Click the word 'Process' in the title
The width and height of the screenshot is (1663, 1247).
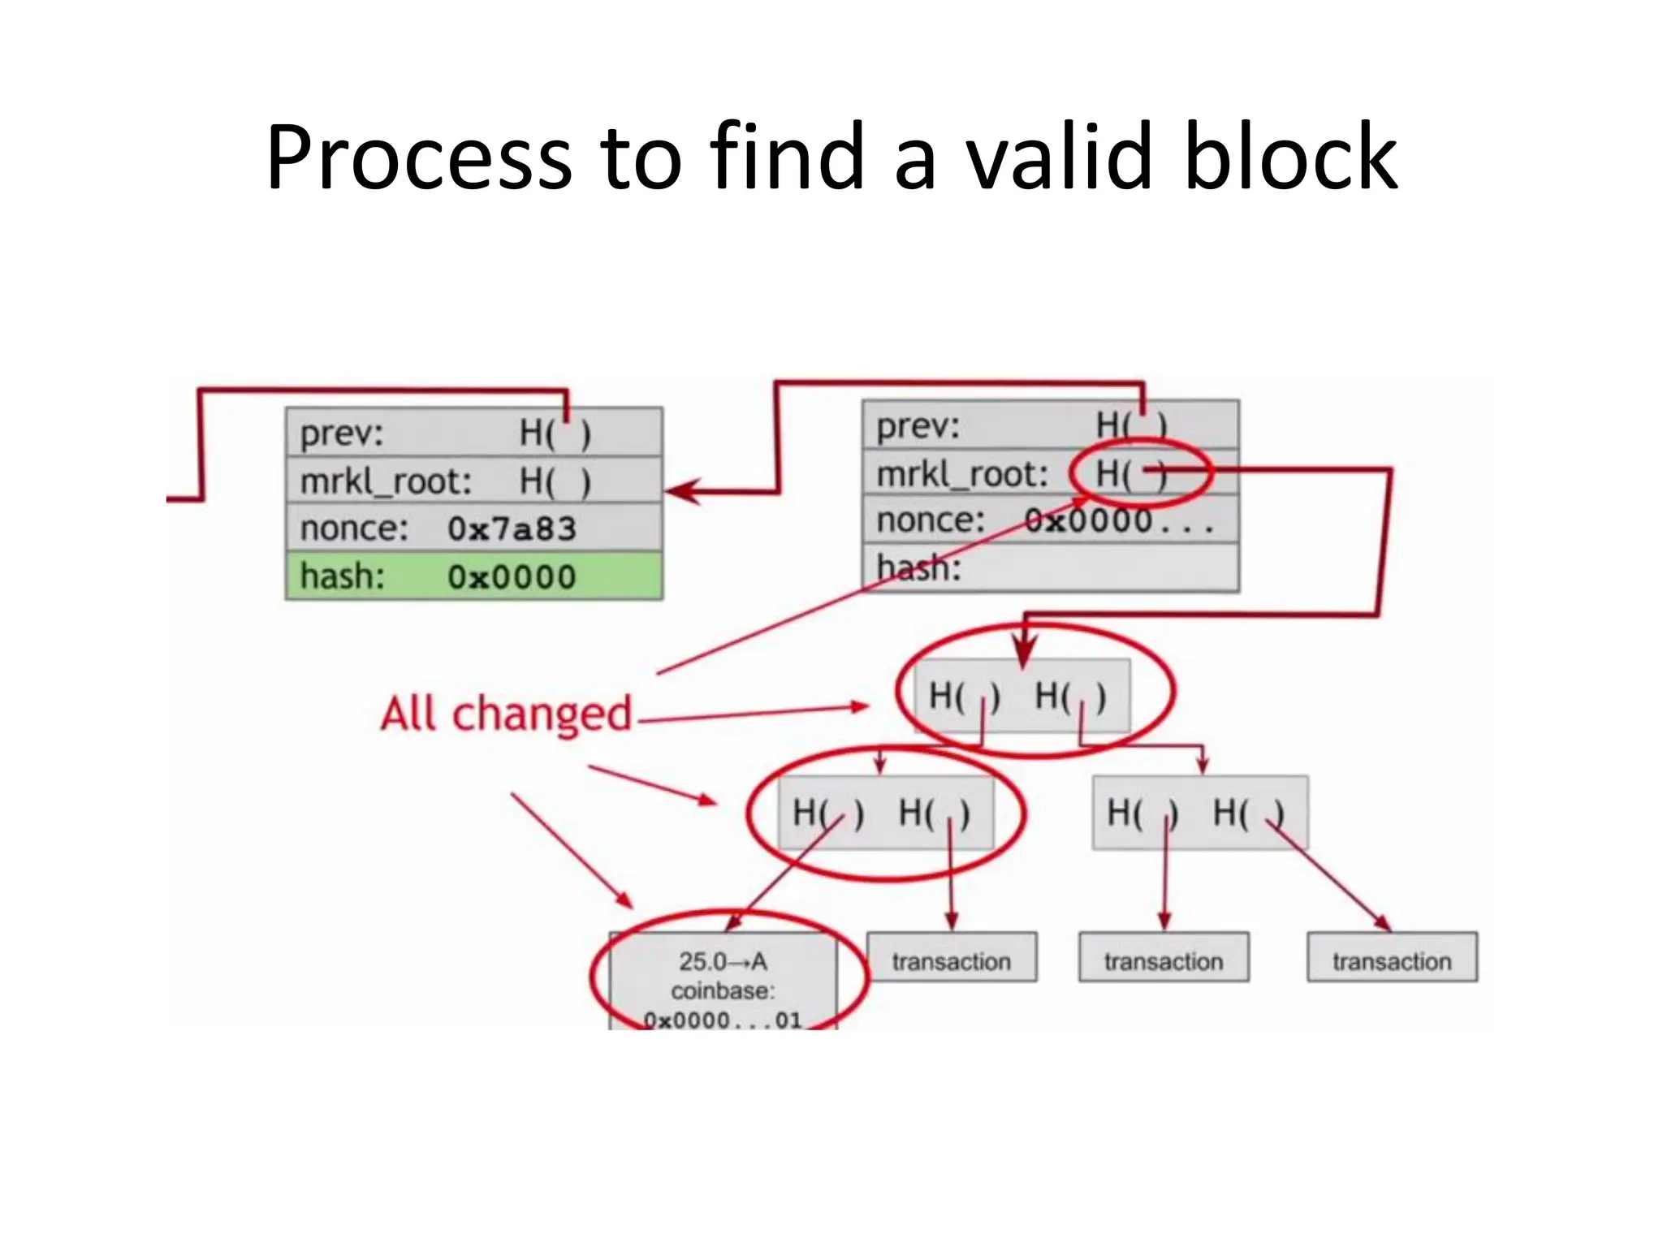(418, 158)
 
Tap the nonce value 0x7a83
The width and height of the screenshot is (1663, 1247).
(512, 529)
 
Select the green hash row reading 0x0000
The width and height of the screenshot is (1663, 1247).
(474, 576)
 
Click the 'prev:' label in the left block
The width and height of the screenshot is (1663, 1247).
(341, 433)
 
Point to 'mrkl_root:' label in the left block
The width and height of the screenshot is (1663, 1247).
(386, 481)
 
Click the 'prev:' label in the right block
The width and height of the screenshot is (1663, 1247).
(918, 426)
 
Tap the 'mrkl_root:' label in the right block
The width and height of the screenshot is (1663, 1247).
(962, 474)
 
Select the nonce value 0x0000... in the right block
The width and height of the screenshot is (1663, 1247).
(1117, 520)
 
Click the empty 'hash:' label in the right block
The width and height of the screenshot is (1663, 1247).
(918, 567)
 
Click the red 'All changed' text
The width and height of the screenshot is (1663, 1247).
(506, 714)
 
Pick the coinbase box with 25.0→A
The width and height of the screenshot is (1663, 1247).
(723, 982)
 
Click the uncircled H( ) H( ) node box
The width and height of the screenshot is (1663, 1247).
(1199, 813)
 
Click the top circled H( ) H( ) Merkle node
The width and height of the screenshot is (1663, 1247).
(1022, 696)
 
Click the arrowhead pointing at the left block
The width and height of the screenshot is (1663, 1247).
(680, 491)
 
